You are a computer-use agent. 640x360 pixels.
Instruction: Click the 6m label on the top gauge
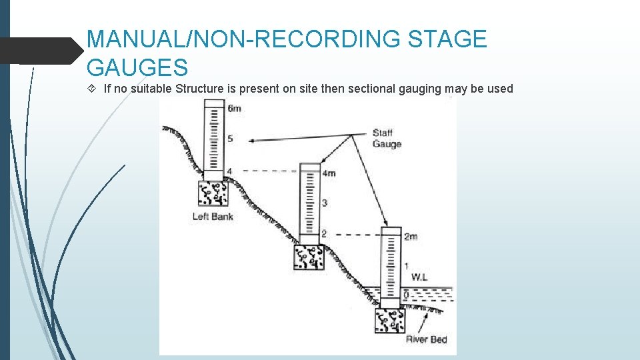click(234, 109)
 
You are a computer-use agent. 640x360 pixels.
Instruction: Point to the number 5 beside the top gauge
click(230, 139)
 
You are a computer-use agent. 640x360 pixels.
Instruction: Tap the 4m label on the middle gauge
click(328, 173)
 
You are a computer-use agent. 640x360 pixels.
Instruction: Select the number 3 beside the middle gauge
click(324, 203)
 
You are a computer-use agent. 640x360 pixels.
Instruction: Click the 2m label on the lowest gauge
click(410, 237)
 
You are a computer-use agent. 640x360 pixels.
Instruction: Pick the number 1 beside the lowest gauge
click(406, 266)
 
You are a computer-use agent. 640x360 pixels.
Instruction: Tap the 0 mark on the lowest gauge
click(406, 295)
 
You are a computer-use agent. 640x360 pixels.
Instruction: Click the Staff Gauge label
click(387, 139)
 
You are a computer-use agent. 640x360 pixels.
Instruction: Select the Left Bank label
click(213, 217)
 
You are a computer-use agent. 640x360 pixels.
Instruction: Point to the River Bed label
click(426, 340)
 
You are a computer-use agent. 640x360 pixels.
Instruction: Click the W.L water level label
click(420, 276)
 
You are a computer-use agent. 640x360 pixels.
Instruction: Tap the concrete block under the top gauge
click(213, 193)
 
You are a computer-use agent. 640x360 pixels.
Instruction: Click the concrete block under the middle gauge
click(309, 257)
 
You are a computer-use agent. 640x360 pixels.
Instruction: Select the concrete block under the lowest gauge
click(390, 321)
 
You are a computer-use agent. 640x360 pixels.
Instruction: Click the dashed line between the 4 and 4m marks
click(267, 171)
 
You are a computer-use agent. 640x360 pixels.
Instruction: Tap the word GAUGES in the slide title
click(137, 67)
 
